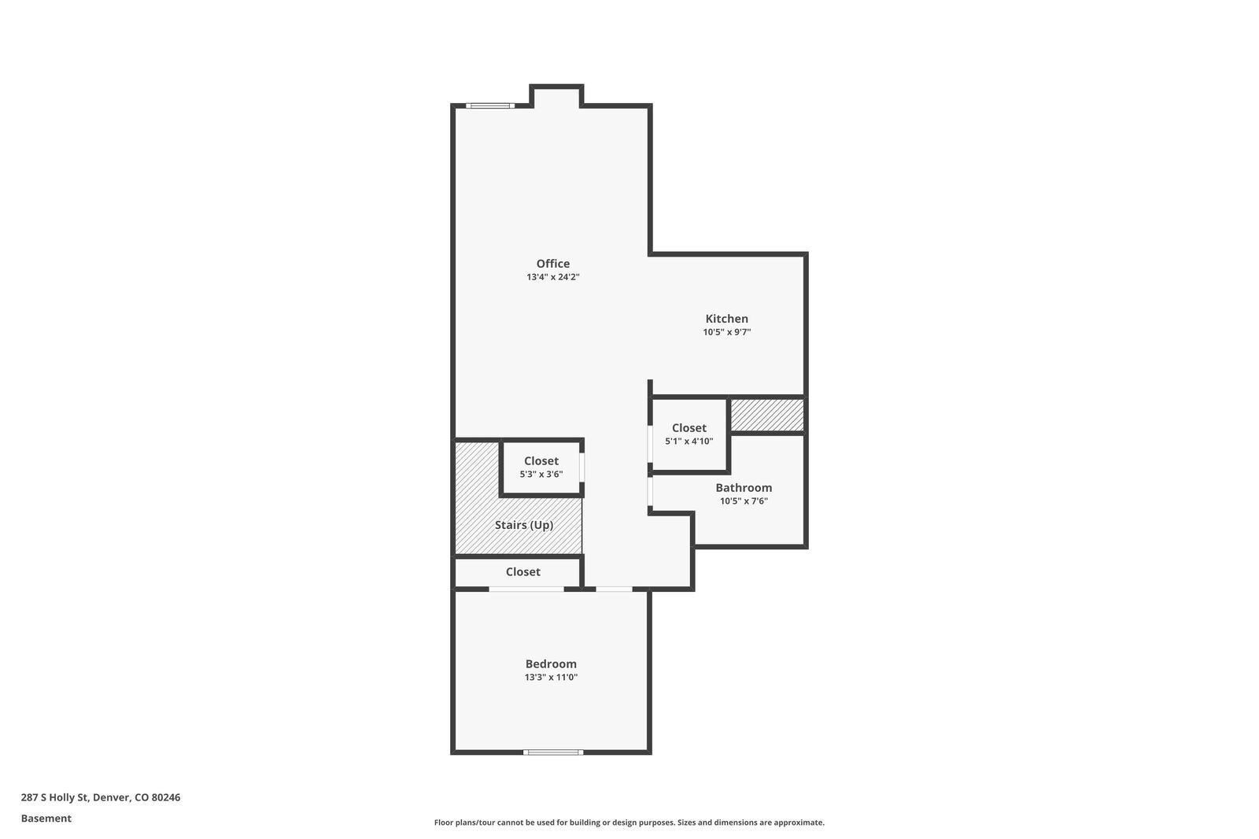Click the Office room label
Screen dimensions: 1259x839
[x=552, y=263]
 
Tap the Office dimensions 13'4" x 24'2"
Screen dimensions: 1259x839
[x=552, y=277]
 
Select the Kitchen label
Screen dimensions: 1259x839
[x=727, y=318]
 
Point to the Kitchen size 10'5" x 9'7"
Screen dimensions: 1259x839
[x=727, y=332]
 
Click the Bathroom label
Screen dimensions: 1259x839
[x=744, y=487]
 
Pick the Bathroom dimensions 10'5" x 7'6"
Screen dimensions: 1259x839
[x=744, y=501]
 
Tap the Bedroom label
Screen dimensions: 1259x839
[x=551, y=663]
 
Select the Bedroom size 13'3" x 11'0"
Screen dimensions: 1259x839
[x=551, y=677]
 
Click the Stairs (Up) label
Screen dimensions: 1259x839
[x=524, y=525]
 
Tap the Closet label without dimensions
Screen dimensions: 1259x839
[x=522, y=571]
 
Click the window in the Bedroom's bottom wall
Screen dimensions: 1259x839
[x=553, y=752]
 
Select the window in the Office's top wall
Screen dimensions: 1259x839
[x=490, y=105]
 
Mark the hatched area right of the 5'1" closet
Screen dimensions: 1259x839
[x=766, y=415]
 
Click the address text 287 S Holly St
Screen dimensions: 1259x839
[x=54, y=796]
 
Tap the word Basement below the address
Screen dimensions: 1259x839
[x=46, y=819]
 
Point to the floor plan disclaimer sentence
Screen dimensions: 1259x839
[x=629, y=822]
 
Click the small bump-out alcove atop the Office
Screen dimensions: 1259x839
[x=556, y=95]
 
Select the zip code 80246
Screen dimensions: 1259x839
[x=166, y=796]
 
